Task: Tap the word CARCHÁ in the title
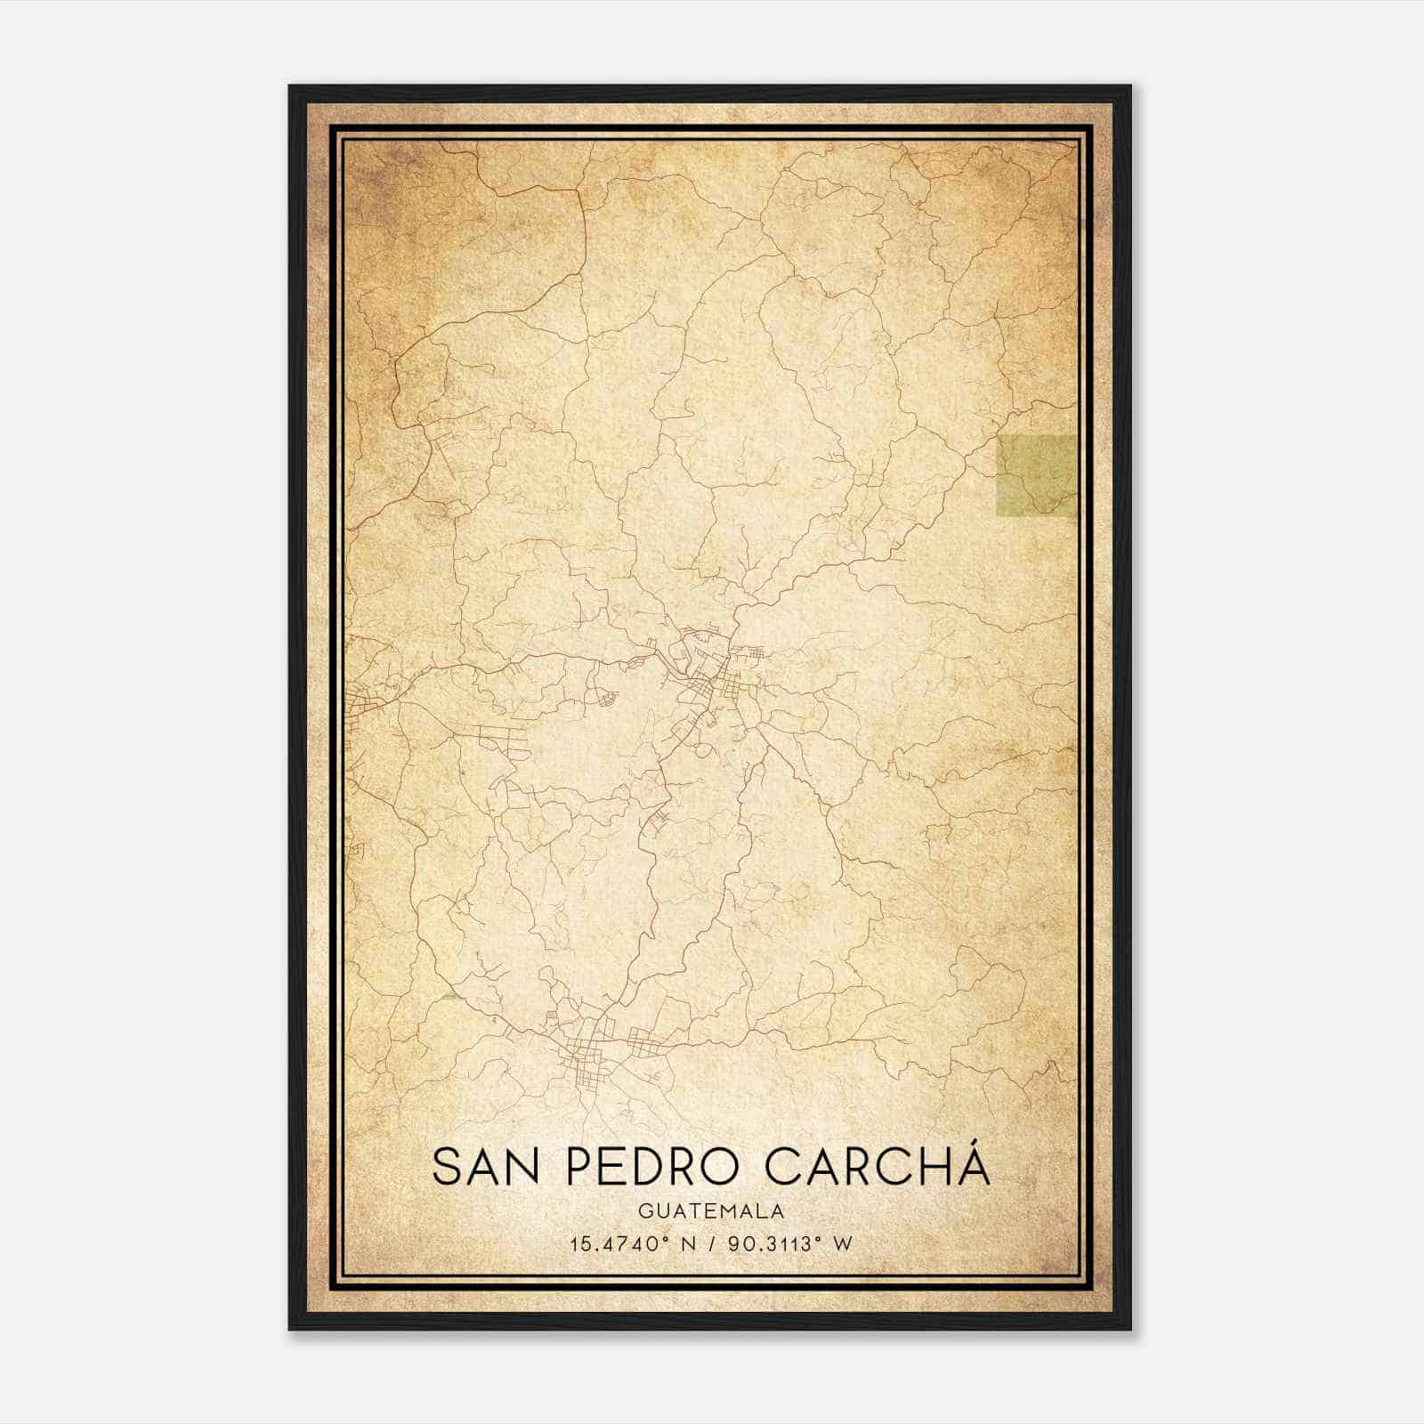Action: pyautogui.click(x=877, y=1168)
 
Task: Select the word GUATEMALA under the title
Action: pyautogui.click(x=711, y=1211)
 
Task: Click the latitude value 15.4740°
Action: pyautogui.click(x=619, y=1244)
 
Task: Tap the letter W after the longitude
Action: pyautogui.click(x=843, y=1244)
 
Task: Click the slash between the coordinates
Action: pyautogui.click(x=714, y=1244)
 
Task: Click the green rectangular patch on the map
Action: pyautogui.click(x=1036, y=475)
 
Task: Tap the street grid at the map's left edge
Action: pyautogui.click(x=367, y=703)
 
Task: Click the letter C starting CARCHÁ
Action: pyautogui.click(x=783, y=1168)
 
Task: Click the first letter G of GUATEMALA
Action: pyautogui.click(x=643, y=1211)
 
